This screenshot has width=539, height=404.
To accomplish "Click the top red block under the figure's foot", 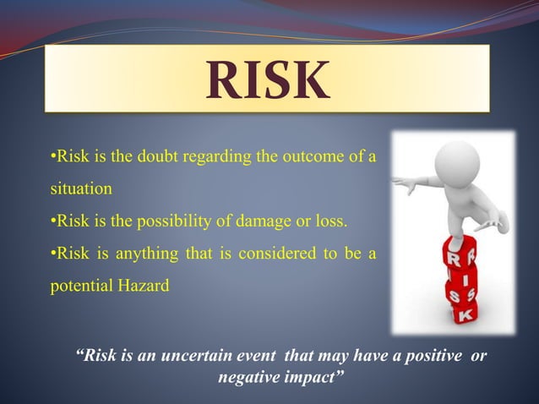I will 463,253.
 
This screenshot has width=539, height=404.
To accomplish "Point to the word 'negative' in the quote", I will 248,374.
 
